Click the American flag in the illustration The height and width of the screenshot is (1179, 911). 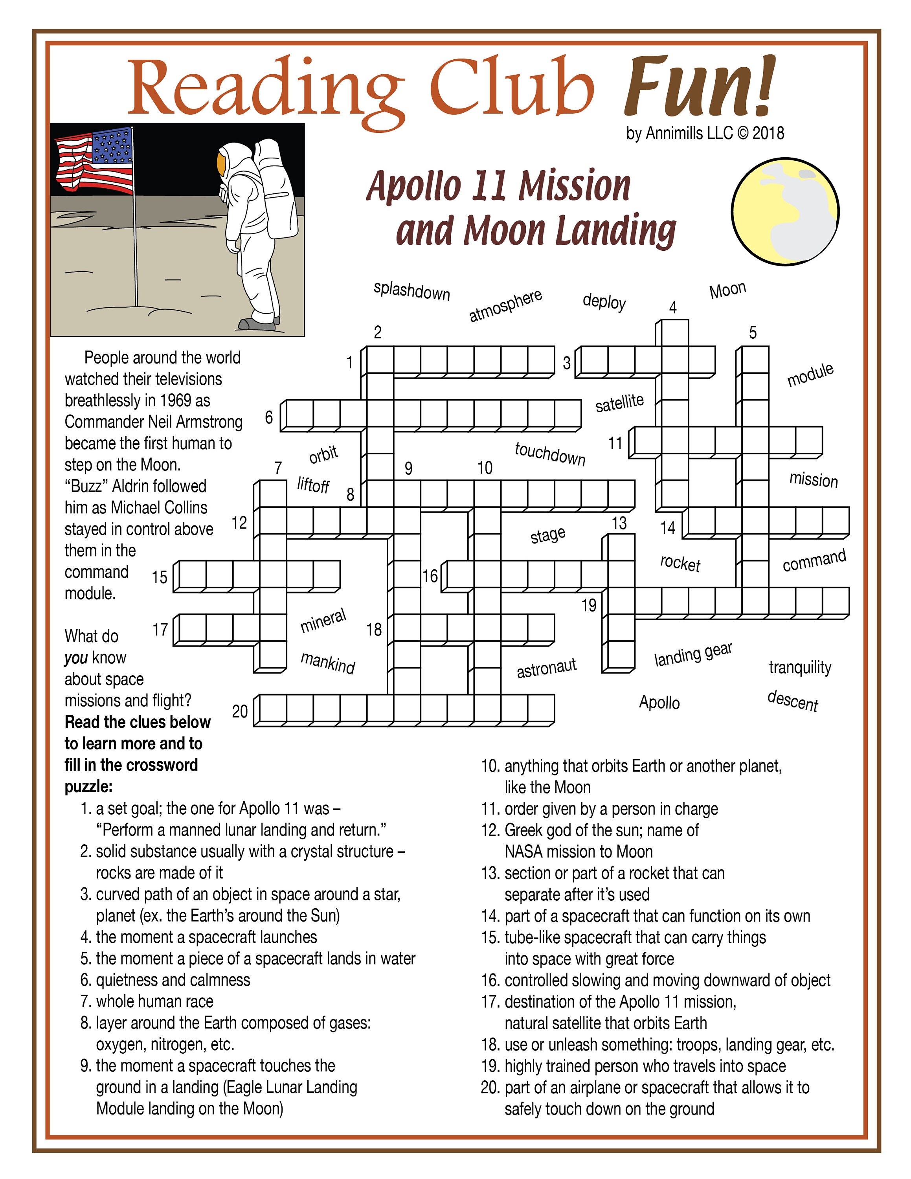pos(94,161)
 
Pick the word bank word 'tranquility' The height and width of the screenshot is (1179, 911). pos(800,667)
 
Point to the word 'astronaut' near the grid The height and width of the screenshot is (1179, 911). pos(546,668)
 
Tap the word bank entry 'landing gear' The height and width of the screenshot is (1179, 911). pos(693,654)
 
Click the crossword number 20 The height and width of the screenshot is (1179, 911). pos(240,711)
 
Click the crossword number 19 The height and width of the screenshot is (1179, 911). pos(589,605)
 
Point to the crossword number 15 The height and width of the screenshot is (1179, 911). pos(159,577)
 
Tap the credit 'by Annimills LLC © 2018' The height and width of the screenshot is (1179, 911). pos(705,133)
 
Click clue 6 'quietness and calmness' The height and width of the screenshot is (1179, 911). pos(173,980)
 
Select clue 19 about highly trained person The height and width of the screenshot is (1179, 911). pos(645,1066)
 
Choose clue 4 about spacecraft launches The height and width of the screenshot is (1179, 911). pos(206,937)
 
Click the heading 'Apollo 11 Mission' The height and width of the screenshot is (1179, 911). pos(498,186)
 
